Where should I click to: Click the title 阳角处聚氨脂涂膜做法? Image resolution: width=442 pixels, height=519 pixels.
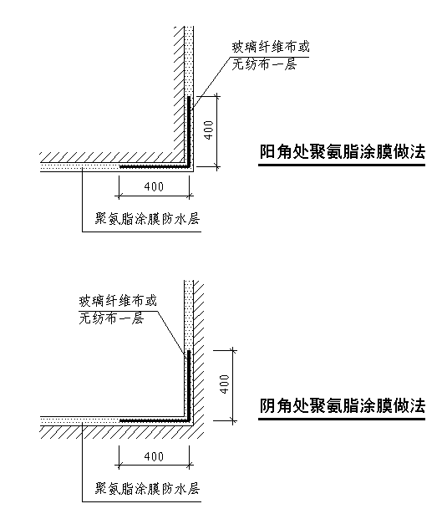(x=342, y=151)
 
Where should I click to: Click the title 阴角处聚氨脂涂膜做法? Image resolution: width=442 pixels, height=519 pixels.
(x=342, y=405)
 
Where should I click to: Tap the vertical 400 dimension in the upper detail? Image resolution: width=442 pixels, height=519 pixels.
(x=208, y=130)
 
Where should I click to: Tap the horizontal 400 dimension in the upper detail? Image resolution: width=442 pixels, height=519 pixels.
(x=154, y=187)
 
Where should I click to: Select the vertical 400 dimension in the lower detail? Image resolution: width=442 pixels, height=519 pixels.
(x=224, y=384)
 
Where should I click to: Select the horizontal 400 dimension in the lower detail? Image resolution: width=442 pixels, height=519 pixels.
(x=154, y=457)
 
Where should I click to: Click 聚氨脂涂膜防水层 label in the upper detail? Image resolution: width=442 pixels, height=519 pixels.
(x=147, y=219)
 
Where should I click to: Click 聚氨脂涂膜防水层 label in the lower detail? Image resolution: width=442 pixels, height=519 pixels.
(x=147, y=489)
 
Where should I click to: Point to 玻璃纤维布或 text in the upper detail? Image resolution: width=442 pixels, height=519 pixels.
(x=270, y=47)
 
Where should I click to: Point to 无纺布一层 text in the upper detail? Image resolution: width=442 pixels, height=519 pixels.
(x=264, y=64)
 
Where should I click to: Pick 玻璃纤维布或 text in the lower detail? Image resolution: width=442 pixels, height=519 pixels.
(x=118, y=301)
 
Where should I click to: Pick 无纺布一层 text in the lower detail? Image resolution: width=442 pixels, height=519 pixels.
(x=111, y=318)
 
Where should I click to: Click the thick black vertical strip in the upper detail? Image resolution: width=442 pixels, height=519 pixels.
(x=189, y=130)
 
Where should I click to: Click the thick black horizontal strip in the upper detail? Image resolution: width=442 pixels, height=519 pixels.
(x=154, y=166)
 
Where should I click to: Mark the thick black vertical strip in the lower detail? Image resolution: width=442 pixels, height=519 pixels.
(x=189, y=385)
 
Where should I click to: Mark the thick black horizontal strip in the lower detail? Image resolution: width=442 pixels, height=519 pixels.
(x=154, y=420)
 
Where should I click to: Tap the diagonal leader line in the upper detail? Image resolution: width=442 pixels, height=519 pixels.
(x=211, y=83)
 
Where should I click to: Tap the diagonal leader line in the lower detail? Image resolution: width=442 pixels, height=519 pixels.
(x=170, y=333)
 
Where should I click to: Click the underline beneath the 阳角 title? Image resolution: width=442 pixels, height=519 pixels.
(x=342, y=165)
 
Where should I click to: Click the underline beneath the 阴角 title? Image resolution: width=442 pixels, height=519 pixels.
(x=342, y=419)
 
